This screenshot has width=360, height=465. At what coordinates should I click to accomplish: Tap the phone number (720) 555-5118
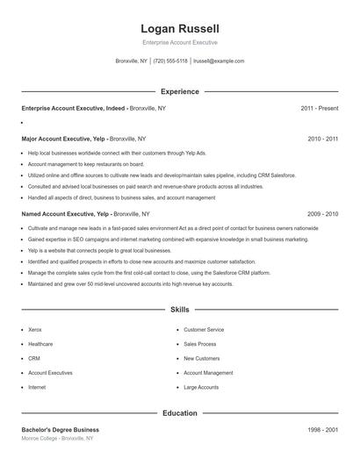170,61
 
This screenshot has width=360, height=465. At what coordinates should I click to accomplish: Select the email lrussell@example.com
219,61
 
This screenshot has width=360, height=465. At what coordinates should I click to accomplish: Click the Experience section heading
180,91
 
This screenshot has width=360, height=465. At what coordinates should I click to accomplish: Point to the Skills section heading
180,310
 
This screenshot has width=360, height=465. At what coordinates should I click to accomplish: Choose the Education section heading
180,412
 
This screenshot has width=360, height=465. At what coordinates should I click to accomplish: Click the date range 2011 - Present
319,109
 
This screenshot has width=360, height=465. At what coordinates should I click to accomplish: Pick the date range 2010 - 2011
322,139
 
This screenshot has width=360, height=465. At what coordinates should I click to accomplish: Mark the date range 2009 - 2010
322,214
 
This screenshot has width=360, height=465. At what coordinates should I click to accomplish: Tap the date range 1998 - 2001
322,430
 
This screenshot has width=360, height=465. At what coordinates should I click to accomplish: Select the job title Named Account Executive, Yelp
65,214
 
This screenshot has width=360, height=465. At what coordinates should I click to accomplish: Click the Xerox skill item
35,330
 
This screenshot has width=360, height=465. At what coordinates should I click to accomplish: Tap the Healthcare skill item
40,344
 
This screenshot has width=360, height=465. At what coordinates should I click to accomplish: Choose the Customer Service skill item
205,330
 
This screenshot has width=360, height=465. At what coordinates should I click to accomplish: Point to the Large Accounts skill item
201,387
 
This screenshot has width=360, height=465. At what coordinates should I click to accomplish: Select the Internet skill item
37,387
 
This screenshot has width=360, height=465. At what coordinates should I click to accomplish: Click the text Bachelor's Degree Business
61,430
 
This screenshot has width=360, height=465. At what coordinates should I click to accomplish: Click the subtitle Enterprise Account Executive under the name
179,42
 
